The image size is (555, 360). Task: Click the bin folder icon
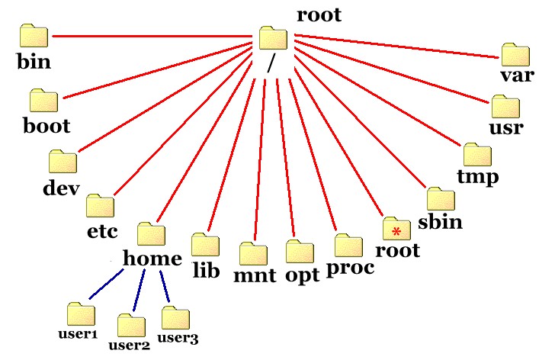click(x=34, y=36)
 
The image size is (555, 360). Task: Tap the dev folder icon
click(x=63, y=161)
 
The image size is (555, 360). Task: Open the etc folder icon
click(x=100, y=205)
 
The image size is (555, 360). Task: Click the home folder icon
click(x=152, y=233)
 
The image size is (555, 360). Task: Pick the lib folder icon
click(x=205, y=244)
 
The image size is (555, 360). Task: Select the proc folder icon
click(x=349, y=246)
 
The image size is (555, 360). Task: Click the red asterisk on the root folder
click(x=396, y=230)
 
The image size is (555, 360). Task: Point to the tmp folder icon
click(x=477, y=153)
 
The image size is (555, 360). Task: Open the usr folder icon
click(x=505, y=106)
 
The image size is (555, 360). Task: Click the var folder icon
click(x=515, y=54)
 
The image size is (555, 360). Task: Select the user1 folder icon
click(x=80, y=313)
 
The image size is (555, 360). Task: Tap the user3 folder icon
click(x=175, y=318)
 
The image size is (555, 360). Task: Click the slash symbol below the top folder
click(x=270, y=64)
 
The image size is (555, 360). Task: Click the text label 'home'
click(x=152, y=259)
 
